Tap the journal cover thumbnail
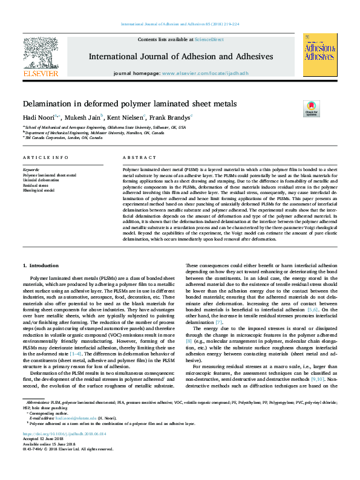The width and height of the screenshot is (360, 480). pyautogui.click(x=320, y=54)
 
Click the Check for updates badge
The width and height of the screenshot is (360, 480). pyautogui.click(x=311, y=109)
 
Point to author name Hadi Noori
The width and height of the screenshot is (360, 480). pyautogui.click(x=38, y=117)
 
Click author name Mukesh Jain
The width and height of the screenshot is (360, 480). pyautogui.click(x=82, y=117)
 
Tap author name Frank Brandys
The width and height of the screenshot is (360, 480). pyautogui.click(x=170, y=117)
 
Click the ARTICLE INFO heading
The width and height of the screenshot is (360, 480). pyautogui.click(x=45, y=157)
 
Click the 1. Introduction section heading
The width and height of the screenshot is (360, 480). pyautogui.click(x=41, y=265)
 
